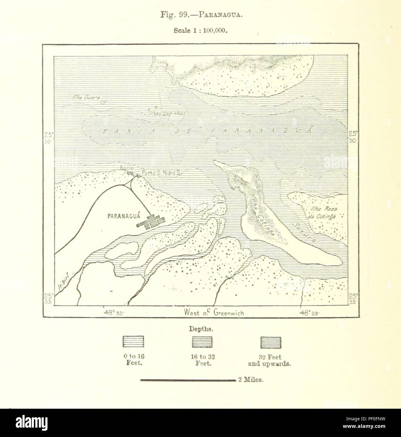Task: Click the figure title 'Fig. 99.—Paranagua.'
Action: pos(201,15)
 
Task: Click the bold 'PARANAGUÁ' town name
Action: pos(123,216)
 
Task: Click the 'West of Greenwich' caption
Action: pos(214,313)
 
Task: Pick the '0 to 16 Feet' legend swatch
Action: pos(133,342)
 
